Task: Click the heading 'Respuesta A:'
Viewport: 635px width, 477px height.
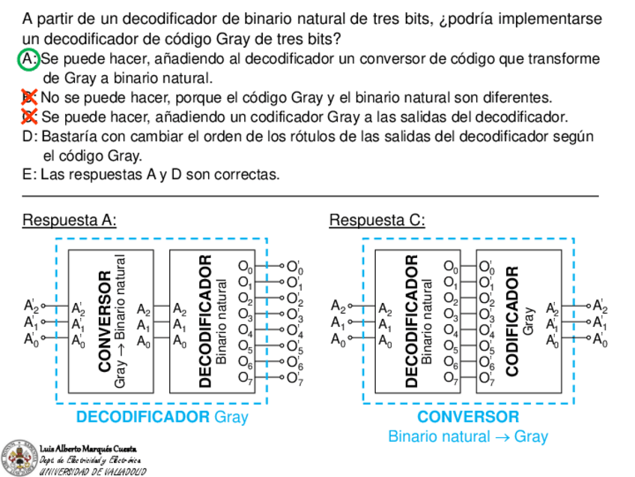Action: [x=70, y=220]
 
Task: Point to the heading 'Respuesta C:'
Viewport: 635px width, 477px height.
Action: [x=377, y=220]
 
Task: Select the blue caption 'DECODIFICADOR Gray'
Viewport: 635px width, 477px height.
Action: [x=162, y=417]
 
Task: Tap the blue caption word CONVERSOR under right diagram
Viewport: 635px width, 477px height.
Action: [x=467, y=417]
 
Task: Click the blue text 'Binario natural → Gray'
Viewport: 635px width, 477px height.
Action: [x=467, y=436]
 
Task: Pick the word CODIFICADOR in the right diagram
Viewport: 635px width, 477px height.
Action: [x=513, y=321]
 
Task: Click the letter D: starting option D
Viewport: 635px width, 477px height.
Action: [x=30, y=136]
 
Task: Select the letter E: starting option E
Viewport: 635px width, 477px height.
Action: [x=30, y=175]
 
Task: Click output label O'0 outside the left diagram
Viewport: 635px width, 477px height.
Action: [x=295, y=267]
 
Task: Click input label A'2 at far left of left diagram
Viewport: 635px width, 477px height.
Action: [x=31, y=305]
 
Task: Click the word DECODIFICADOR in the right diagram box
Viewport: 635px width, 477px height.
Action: [x=411, y=321]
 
